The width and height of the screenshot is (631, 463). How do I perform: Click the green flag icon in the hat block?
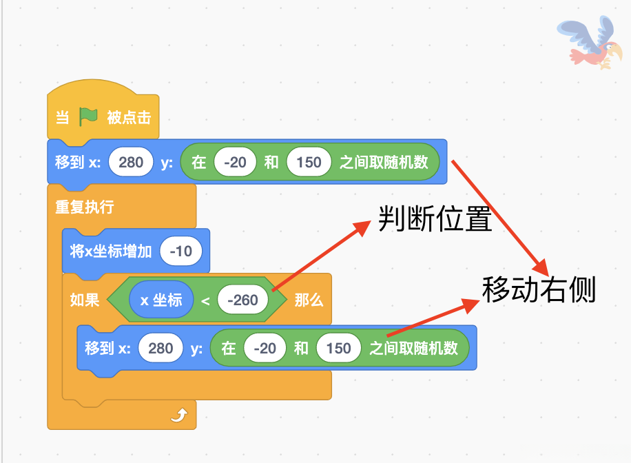pyautogui.click(x=88, y=117)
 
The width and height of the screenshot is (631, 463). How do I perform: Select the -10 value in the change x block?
pyautogui.click(x=180, y=251)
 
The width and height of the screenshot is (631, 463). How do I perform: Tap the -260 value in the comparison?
pyautogui.click(x=242, y=300)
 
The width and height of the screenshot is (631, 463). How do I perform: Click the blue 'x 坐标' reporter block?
pyautogui.click(x=161, y=300)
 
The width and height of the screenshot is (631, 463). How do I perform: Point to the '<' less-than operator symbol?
pyautogui.click(x=205, y=300)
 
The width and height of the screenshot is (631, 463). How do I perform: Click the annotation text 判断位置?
pyautogui.click(x=435, y=220)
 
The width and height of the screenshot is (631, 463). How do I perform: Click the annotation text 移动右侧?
pyautogui.click(x=539, y=290)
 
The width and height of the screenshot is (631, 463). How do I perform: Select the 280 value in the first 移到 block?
pyautogui.click(x=131, y=163)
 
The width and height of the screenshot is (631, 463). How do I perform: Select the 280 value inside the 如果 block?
pyautogui.click(x=161, y=349)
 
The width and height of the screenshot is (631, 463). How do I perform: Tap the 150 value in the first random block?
pyautogui.click(x=309, y=163)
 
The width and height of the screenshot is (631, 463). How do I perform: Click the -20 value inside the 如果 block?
pyautogui.click(x=265, y=349)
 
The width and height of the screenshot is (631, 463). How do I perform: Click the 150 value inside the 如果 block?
pyautogui.click(x=338, y=349)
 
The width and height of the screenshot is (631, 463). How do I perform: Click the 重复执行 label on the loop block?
pyautogui.click(x=84, y=207)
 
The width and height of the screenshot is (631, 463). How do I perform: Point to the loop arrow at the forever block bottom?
pyautogui.click(x=179, y=415)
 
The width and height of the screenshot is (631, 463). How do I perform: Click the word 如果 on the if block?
pyautogui.click(x=85, y=300)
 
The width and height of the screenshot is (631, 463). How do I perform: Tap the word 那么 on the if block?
pyautogui.click(x=309, y=300)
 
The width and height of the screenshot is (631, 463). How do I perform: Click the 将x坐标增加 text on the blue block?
pyautogui.click(x=111, y=251)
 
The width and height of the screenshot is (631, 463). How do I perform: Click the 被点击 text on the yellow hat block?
pyautogui.click(x=129, y=118)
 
